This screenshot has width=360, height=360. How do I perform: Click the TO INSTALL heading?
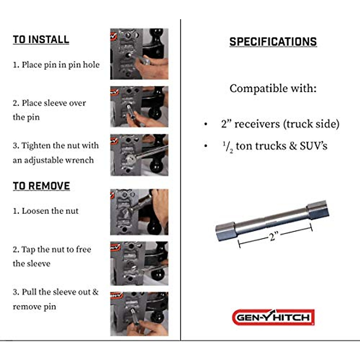coord(41,40)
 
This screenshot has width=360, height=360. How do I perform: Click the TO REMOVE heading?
coord(41,186)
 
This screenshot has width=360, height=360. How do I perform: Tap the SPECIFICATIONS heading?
coord(273,42)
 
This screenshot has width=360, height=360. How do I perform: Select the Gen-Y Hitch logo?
coord(273,317)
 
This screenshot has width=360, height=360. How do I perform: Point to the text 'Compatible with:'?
coord(273,88)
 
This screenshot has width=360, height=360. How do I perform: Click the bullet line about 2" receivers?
coord(280,124)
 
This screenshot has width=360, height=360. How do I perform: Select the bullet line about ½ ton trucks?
coord(274,146)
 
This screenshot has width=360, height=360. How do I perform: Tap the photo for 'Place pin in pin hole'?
coord(139,54)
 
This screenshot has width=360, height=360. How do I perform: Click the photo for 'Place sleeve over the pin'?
coord(139,107)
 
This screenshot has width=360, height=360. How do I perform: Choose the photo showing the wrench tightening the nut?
coord(139,155)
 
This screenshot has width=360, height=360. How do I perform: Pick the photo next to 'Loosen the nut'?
coord(139,212)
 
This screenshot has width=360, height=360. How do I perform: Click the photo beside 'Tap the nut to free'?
coord(139,263)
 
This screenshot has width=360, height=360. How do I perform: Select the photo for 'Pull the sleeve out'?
coord(139,314)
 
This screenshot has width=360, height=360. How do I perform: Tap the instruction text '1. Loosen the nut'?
coord(46,211)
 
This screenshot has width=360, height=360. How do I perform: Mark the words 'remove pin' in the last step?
coord(34,307)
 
